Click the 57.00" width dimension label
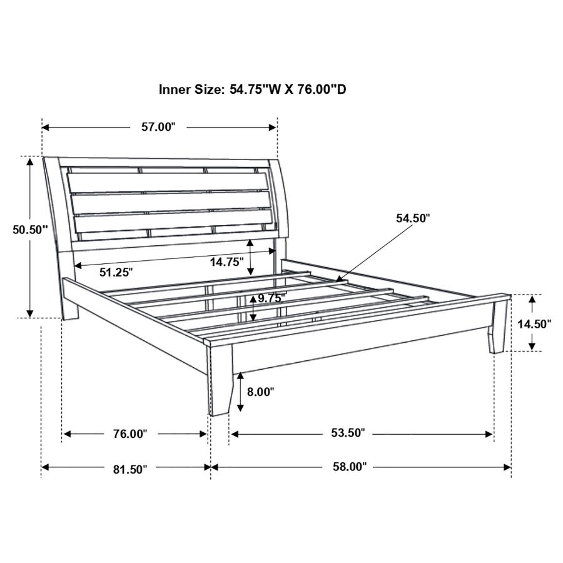[158, 128]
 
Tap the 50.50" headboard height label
[30, 230]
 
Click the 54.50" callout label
[413, 218]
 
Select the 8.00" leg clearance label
[261, 392]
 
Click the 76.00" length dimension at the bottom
[128, 434]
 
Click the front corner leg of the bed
[219, 382]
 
